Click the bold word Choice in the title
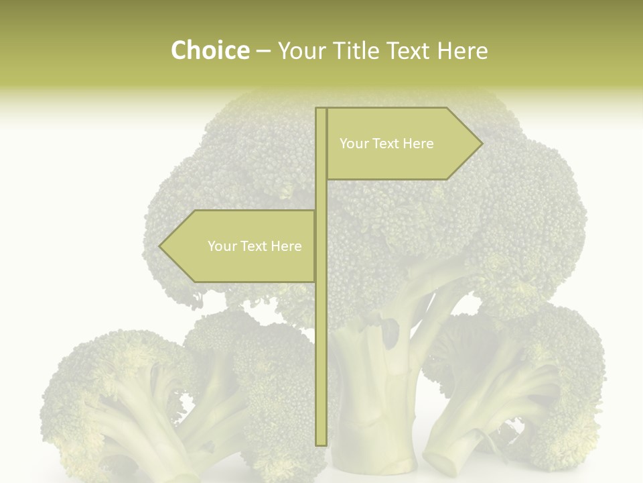(210, 50)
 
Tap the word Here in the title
(462, 51)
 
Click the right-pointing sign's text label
(386, 144)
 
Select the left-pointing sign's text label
(255, 246)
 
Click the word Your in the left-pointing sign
(223, 246)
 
